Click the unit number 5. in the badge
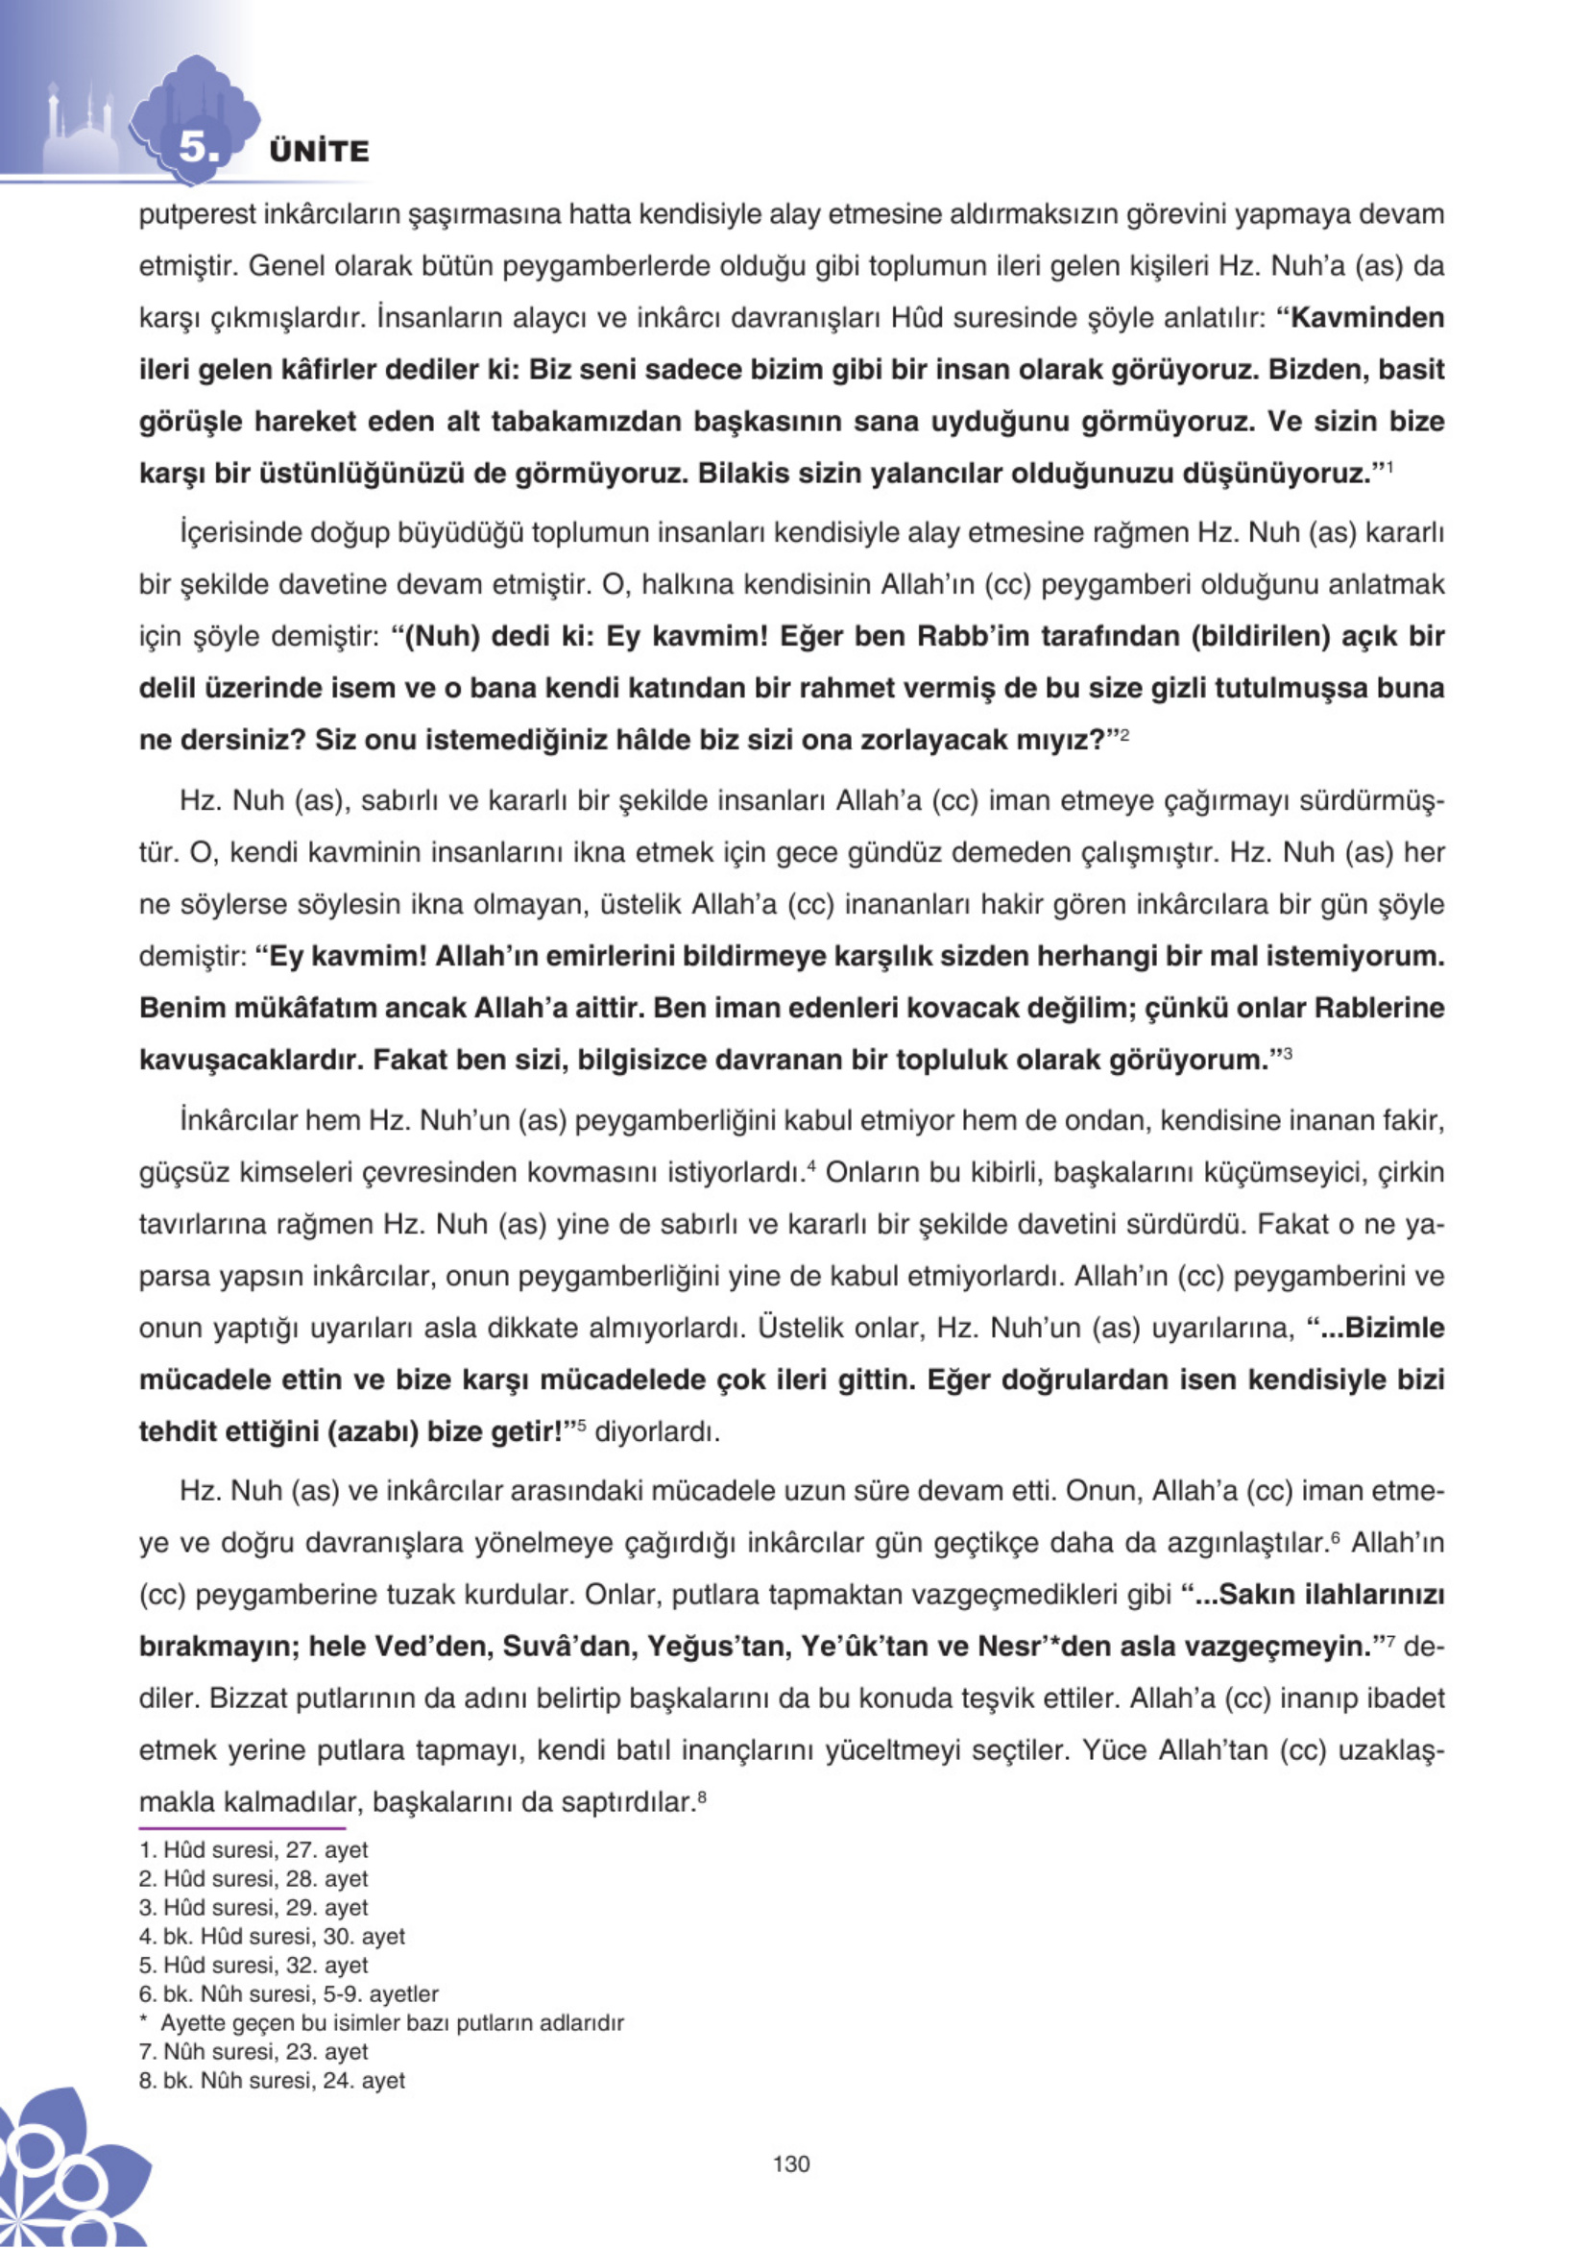pyautogui.click(x=199, y=149)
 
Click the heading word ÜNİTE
pyautogui.click(x=319, y=152)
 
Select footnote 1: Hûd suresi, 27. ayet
pyautogui.click(x=254, y=1850)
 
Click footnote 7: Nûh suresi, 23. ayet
pyautogui.click(x=254, y=2052)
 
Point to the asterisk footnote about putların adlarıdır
pyautogui.click(x=382, y=2023)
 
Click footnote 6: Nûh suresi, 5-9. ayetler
pyautogui.click(x=289, y=1993)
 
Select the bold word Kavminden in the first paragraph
pyautogui.click(x=1367, y=318)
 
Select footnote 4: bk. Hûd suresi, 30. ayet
pyautogui.click(x=273, y=1937)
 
